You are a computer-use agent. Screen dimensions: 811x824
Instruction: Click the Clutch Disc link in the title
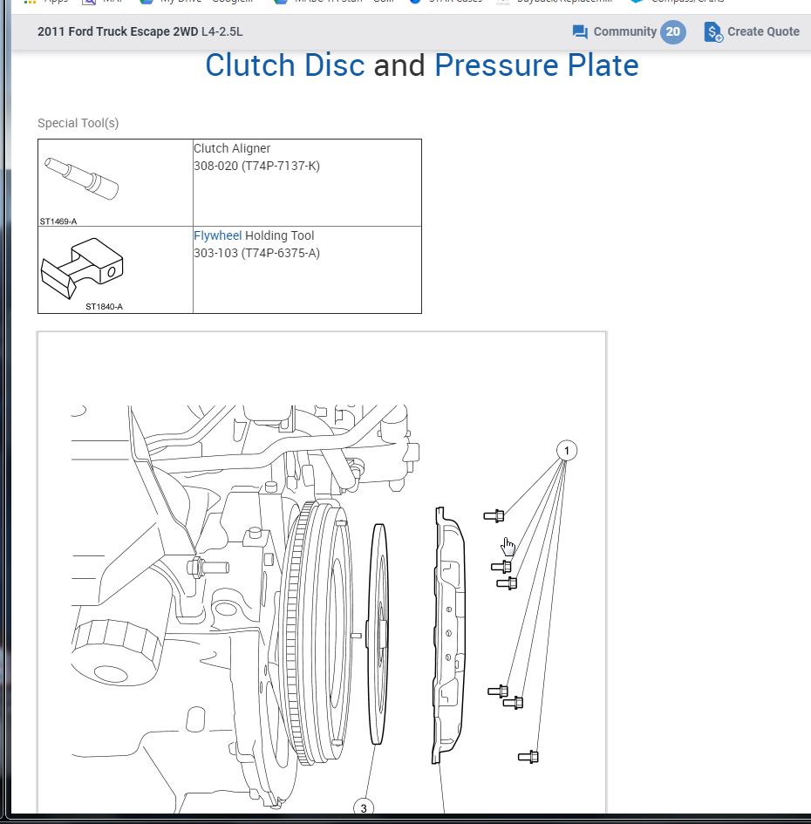284,65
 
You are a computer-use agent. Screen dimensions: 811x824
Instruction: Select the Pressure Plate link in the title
535,65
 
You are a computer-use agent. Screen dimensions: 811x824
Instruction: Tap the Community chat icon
580,32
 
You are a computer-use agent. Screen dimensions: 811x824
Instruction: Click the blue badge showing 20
672,32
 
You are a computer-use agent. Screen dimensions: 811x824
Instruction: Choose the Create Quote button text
763,32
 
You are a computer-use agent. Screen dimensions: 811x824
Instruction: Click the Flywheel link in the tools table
217,235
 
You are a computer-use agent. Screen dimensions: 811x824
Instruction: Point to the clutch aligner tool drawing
82,178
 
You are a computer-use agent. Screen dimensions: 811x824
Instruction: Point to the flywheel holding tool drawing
83,268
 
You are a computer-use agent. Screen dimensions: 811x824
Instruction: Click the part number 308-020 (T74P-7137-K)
256,166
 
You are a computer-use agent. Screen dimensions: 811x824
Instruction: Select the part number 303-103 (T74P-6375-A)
256,253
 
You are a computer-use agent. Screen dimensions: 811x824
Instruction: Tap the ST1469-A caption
58,221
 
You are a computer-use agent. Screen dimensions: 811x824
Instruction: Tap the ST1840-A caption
104,307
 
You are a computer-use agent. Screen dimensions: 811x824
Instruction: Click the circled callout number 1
567,451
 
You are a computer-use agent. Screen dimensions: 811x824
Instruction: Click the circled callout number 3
364,808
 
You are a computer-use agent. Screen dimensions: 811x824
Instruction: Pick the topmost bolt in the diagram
494,516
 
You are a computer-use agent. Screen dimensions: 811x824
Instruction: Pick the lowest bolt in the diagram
528,757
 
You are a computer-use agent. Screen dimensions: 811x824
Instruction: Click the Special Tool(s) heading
78,123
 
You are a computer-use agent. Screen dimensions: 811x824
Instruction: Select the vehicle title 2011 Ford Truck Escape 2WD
118,32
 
